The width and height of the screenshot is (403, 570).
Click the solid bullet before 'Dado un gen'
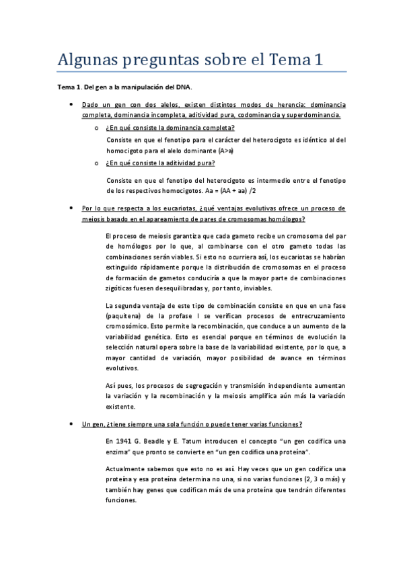click(71, 106)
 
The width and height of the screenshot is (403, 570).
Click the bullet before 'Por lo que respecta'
click(71, 209)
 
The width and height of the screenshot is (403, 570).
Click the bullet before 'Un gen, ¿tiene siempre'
click(71, 425)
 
